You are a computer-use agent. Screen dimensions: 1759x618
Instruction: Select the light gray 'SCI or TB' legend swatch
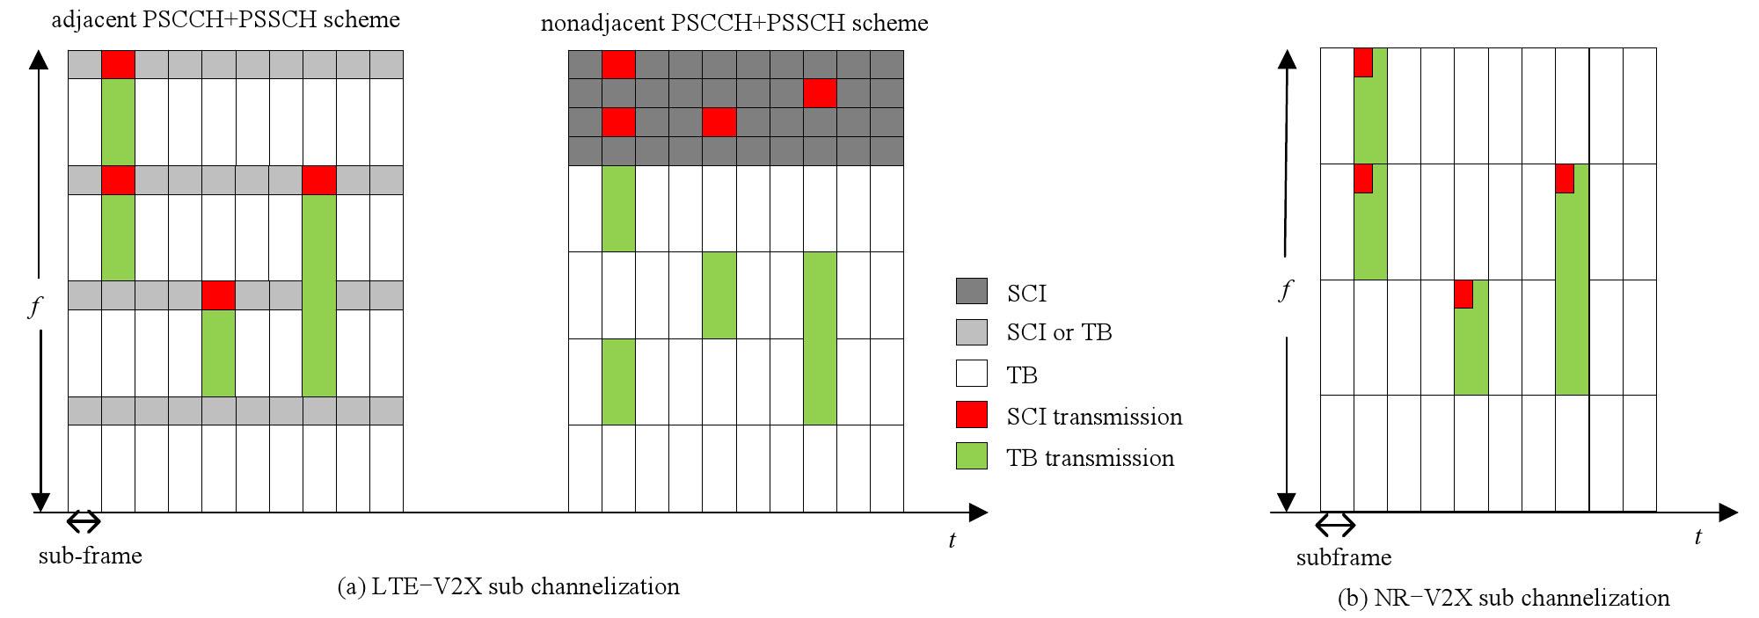pos(972,331)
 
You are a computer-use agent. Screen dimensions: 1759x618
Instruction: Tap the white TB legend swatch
pos(972,374)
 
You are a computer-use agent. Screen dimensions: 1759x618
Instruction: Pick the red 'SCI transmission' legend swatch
pos(972,415)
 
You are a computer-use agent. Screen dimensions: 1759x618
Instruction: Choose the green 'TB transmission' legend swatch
pos(972,456)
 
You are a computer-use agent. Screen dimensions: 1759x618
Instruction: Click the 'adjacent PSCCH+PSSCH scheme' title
pos(225,19)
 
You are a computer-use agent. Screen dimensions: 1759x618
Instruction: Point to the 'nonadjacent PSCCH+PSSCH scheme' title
pos(734,22)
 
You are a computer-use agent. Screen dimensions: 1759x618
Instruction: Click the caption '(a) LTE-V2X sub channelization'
pos(508,586)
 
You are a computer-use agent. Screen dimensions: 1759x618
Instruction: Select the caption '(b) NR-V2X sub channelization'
pos(1503,599)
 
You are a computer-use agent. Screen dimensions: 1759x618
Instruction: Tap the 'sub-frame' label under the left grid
pos(91,556)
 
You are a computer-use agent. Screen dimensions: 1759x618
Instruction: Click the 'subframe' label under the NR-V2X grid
pos(1344,557)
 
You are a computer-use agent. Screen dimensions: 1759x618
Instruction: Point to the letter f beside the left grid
pos(36,308)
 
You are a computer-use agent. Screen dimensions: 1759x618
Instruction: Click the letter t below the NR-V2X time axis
pos(1697,536)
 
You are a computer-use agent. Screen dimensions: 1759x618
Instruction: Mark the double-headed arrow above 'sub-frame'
pos(84,522)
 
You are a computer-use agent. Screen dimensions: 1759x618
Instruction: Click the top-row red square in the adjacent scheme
pos(118,65)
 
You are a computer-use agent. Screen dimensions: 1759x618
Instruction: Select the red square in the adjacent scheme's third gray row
pos(218,295)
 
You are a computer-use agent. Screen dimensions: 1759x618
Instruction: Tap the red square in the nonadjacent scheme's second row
pos(820,93)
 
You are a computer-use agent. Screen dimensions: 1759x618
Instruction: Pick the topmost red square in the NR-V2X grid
pos(1363,62)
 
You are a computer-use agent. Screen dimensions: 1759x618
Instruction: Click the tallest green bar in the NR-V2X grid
pos(1572,280)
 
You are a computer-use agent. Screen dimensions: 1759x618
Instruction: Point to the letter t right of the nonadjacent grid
pos(952,540)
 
